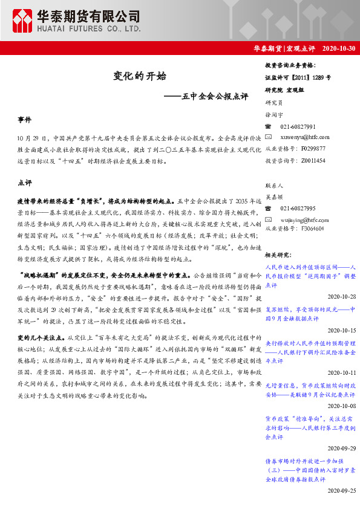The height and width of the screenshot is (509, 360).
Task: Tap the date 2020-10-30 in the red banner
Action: (x=339, y=48)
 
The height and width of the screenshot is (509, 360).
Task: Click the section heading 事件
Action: (x=25, y=121)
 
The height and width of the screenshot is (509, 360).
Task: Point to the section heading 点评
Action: (x=25, y=183)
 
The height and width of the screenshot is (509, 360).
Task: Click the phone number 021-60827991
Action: (x=298, y=126)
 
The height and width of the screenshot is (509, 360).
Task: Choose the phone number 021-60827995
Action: (x=298, y=209)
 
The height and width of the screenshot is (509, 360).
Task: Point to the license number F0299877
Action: (x=312, y=148)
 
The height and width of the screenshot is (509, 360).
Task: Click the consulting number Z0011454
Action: (x=312, y=160)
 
